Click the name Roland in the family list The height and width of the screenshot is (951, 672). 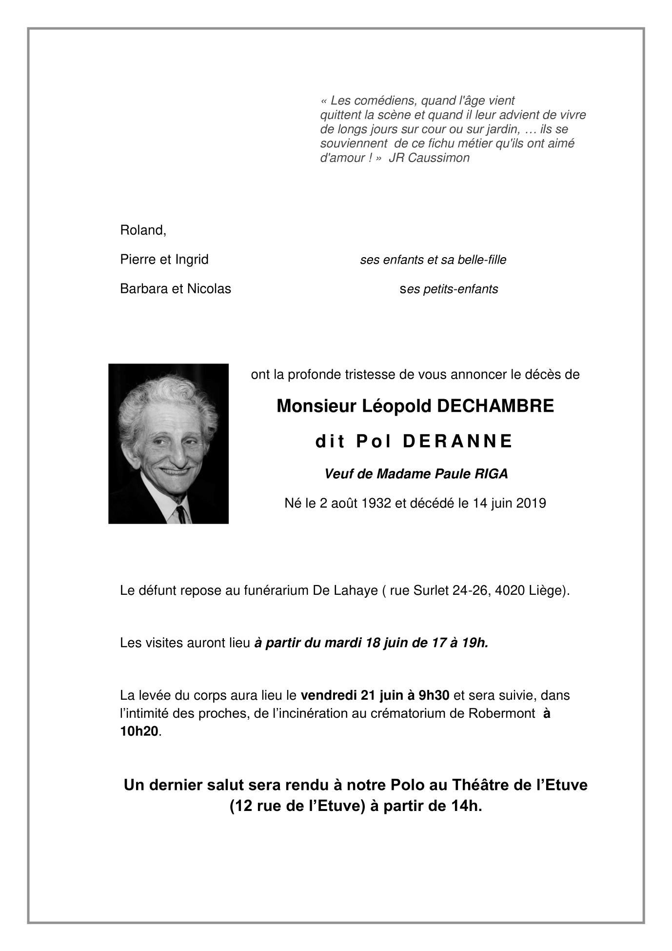pos(142,230)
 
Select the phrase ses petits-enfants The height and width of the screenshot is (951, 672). pos(449,289)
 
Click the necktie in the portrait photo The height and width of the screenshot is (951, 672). pos(180,513)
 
